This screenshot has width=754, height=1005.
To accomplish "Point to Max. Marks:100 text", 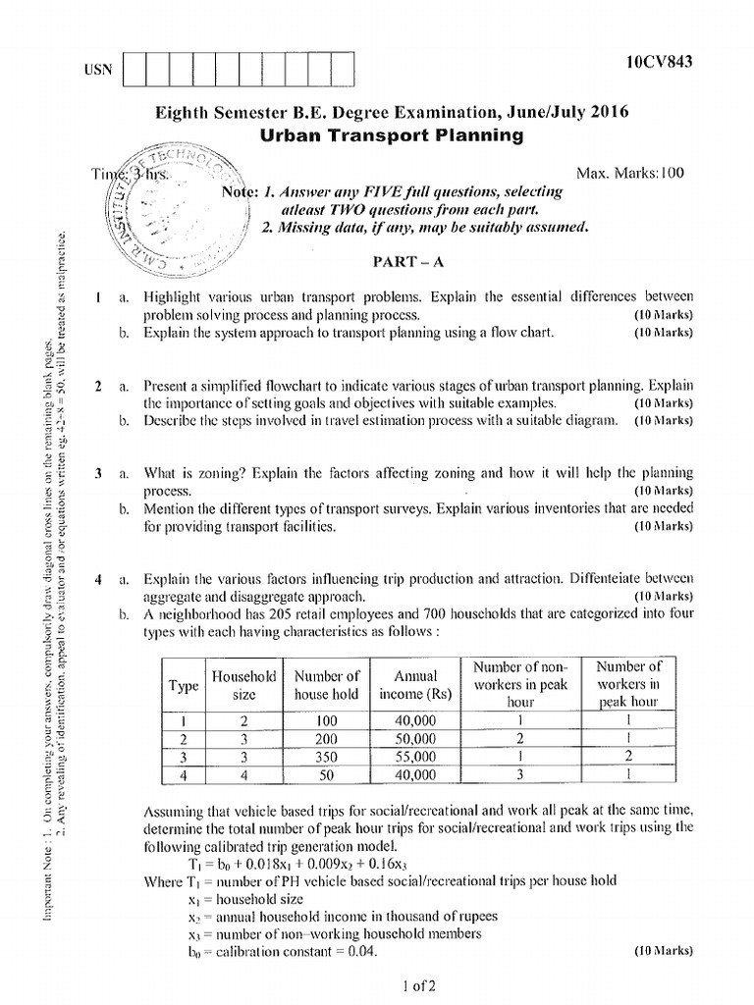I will pos(628,173).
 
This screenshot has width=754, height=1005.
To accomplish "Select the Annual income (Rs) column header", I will pos(415,685).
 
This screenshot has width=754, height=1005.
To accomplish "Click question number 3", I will pos(99,473).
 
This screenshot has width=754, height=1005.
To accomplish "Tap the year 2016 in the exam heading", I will pos(604,112).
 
